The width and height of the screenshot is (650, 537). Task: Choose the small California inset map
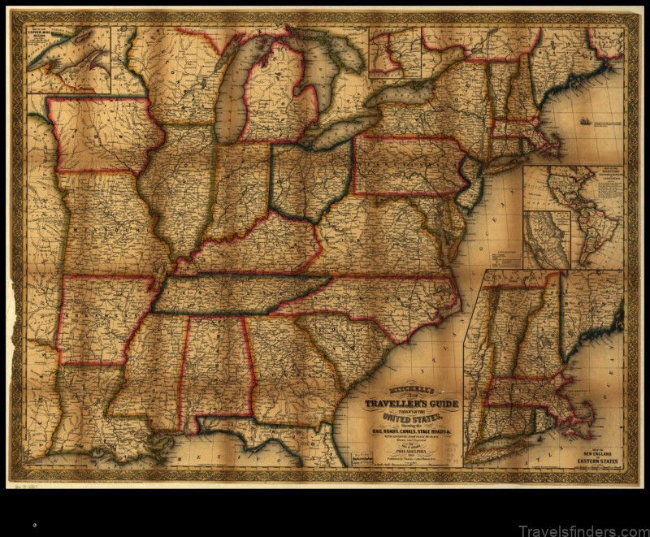(546, 240)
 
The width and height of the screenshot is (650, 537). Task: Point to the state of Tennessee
(236, 293)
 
